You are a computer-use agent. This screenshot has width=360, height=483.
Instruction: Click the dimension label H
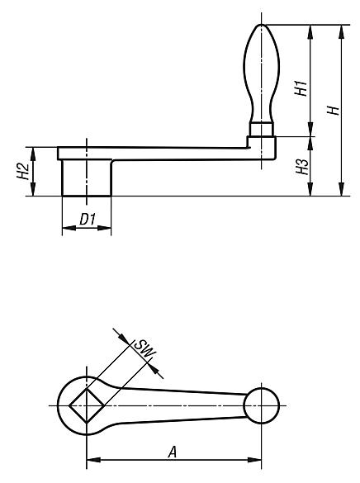coord(333,110)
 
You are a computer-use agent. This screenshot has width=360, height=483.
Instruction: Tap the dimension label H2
coord(26,171)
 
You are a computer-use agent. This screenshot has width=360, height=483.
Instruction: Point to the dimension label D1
coord(87,220)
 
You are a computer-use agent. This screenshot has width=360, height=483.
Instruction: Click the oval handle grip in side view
coord(261,70)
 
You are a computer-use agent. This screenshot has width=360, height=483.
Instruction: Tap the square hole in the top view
coord(87,406)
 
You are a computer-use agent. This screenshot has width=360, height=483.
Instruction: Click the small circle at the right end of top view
coord(262,406)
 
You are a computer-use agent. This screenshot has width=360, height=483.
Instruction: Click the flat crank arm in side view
coord(165,153)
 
